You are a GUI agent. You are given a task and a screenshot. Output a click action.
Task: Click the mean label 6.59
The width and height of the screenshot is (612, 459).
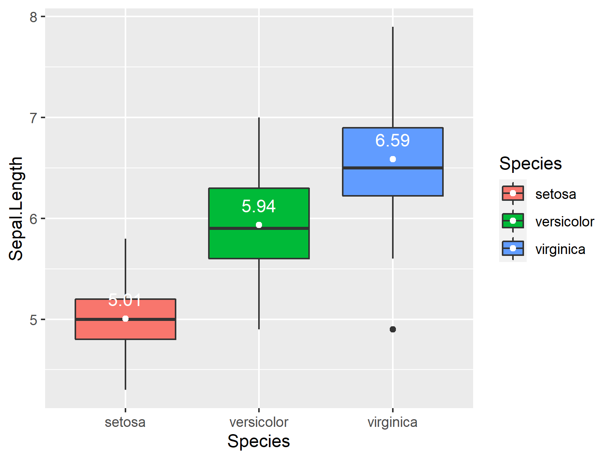[x=392, y=141]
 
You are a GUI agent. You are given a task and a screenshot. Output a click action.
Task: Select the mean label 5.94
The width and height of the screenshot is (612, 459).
[x=259, y=207]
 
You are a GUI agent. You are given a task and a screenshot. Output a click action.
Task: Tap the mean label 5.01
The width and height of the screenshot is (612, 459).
[x=125, y=300]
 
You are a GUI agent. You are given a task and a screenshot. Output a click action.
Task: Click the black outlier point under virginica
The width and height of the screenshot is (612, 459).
[x=393, y=329]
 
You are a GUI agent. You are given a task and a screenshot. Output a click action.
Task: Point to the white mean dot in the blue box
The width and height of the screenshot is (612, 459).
[x=393, y=159]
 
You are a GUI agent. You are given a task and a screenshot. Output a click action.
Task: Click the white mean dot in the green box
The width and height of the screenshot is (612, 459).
[x=259, y=225]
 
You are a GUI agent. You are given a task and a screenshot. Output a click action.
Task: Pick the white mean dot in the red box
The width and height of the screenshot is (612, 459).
[x=125, y=319]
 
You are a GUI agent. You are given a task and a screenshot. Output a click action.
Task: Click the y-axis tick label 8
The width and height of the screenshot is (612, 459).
[x=34, y=17]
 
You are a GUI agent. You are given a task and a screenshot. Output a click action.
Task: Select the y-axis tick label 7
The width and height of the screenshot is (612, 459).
[x=34, y=118]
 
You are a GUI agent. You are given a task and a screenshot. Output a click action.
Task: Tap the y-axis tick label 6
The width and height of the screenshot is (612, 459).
[x=34, y=219]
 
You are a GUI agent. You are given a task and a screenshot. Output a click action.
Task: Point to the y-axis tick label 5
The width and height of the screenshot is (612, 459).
[x=34, y=320]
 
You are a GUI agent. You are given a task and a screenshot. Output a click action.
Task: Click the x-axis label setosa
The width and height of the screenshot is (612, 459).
[x=125, y=422]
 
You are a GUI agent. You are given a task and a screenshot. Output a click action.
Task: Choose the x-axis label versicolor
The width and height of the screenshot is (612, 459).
[x=259, y=422]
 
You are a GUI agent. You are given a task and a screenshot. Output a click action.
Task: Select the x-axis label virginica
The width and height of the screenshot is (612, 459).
[x=392, y=422]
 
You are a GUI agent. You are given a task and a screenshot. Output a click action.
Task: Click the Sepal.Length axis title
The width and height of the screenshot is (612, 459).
[x=16, y=208]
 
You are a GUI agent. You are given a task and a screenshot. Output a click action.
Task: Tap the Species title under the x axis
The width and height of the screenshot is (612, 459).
[x=259, y=441]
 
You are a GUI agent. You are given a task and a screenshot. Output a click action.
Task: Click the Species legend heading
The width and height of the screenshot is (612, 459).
[x=530, y=164]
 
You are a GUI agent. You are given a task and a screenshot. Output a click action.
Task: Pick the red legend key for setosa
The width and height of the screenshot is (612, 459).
[x=513, y=193]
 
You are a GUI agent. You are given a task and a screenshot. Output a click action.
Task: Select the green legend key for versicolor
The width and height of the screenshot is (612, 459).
[x=513, y=221]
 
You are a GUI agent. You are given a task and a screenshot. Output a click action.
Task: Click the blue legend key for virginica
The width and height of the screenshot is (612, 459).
[x=513, y=248]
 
